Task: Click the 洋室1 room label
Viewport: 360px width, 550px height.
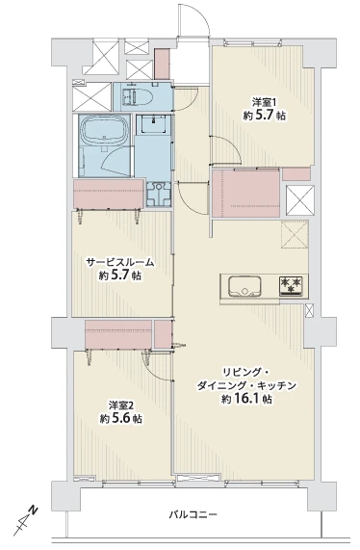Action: click(x=266, y=103)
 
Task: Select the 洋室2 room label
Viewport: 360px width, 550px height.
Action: click(x=120, y=406)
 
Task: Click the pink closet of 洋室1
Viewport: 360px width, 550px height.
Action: click(x=245, y=192)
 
